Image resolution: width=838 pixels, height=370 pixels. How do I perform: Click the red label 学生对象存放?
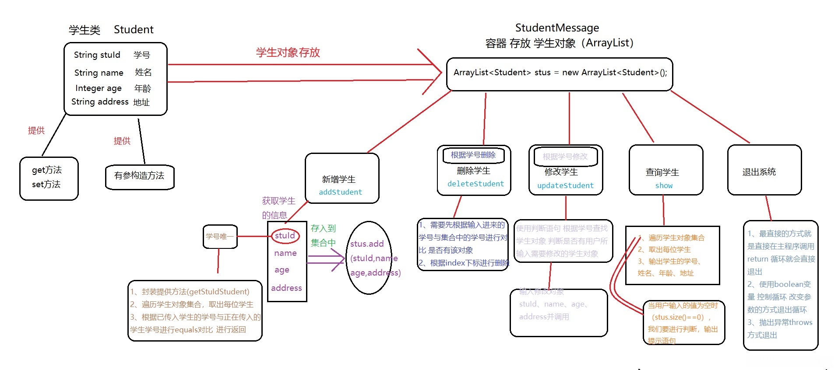coord(288,52)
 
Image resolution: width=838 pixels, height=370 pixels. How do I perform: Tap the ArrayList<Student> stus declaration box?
coord(560,73)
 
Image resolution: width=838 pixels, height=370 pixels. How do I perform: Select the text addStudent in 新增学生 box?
coord(340,192)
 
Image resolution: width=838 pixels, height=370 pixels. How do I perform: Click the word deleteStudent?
coord(475,184)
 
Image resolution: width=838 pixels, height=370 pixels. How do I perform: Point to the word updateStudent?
coord(565,185)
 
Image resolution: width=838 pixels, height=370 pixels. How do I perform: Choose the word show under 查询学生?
coord(664,185)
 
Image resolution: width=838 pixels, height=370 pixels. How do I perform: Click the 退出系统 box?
coord(764,171)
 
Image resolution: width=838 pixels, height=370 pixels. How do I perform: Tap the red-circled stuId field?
coord(285,236)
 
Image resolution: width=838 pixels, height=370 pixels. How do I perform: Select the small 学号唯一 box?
coord(220,237)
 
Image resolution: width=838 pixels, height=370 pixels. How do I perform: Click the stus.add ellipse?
coord(369,258)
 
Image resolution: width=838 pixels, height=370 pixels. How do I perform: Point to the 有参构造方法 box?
coord(139,176)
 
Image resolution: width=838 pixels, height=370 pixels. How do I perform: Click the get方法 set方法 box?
coord(48,178)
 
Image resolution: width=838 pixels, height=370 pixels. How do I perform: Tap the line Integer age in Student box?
coord(98,88)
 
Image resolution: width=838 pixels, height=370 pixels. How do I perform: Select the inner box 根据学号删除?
coord(473,155)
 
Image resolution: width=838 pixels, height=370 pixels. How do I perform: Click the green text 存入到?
coord(323,228)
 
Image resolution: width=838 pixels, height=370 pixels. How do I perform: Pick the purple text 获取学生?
coord(278,201)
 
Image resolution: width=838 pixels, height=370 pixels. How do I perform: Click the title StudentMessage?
coord(557,28)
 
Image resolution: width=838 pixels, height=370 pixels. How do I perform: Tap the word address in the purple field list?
coord(286,288)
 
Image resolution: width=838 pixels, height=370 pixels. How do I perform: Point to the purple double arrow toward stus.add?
coord(326,259)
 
